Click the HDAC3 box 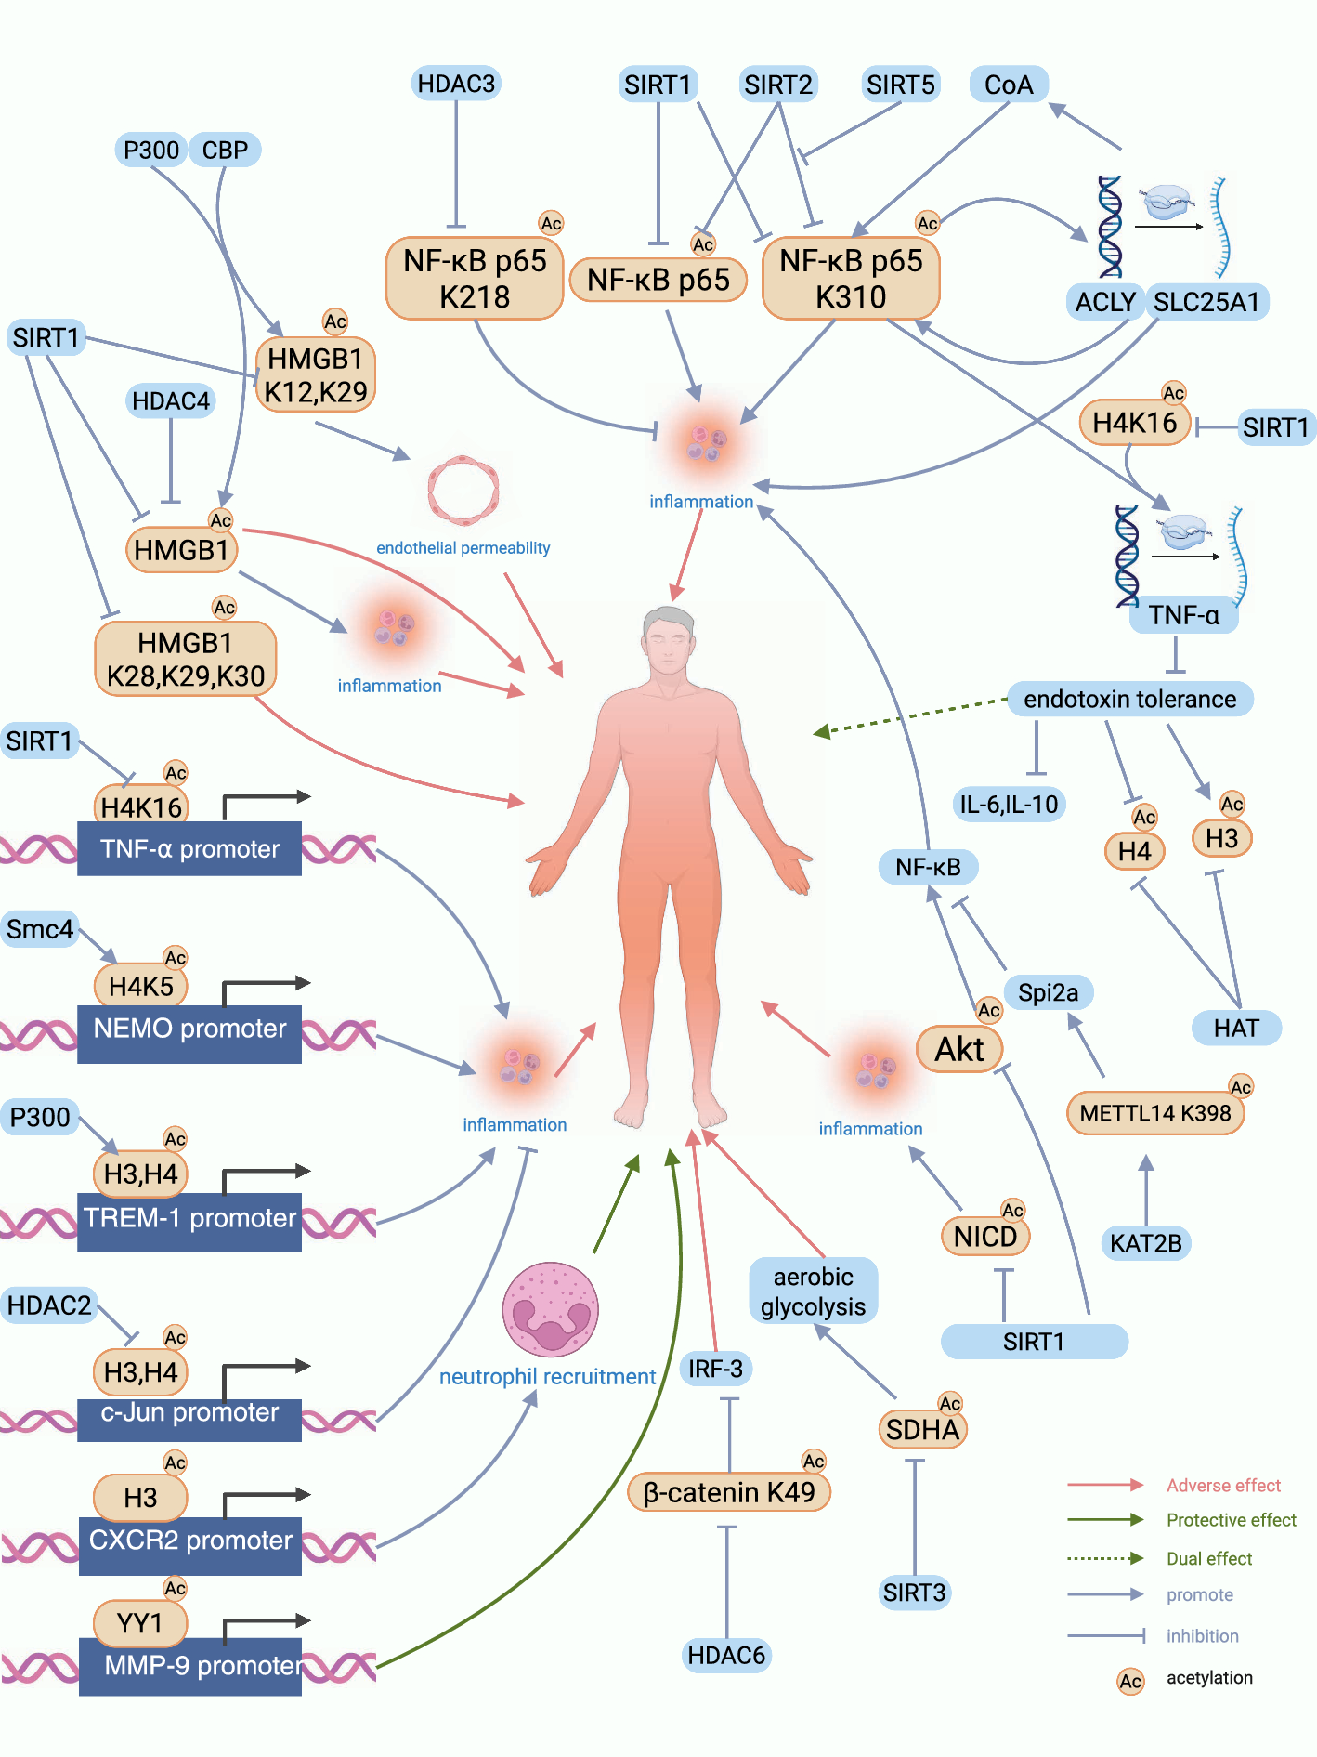pyautogui.click(x=456, y=84)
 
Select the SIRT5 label pyautogui.click(x=900, y=85)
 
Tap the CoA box pyautogui.click(x=1009, y=85)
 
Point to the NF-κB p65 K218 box pyautogui.click(x=475, y=279)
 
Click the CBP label pyautogui.click(x=225, y=150)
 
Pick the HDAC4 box pyautogui.click(x=171, y=400)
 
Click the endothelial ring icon pyautogui.click(x=463, y=490)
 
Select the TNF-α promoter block pyautogui.click(x=189, y=848)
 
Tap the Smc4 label pyautogui.click(x=40, y=929)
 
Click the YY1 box pyautogui.click(x=140, y=1623)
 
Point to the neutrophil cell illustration pyautogui.click(x=551, y=1309)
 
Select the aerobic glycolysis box pyautogui.click(x=813, y=1292)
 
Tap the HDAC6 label pyautogui.click(x=726, y=1655)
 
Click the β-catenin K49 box pyautogui.click(x=728, y=1492)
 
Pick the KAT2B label pyautogui.click(x=1145, y=1243)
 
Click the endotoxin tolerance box pyautogui.click(x=1129, y=699)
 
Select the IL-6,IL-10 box pyautogui.click(x=1009, y=804)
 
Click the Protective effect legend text pyautogui.click(x=1231, y=1520)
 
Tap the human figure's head pyautogui.click(x=668, y=641)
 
